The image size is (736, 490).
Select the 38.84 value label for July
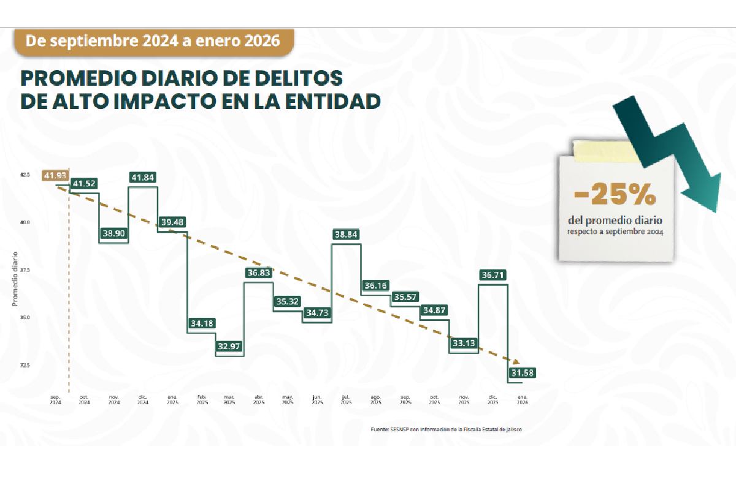coord(347,234)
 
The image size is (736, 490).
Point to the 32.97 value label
coord(229,346)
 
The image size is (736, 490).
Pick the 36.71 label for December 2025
coord(493,276)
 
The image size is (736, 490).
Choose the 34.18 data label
coord(201,323)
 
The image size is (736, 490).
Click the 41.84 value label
coord(142,178)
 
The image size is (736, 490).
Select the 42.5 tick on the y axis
coord(25,175)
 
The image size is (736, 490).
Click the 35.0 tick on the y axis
coord(25,318)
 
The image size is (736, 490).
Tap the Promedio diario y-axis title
coord(15,279)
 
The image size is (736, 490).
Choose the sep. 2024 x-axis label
coord(55,400)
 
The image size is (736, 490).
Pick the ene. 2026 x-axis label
coord(522,400)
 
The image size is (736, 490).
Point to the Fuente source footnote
coord(446,429)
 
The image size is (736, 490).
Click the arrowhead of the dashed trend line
coord(516,362)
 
